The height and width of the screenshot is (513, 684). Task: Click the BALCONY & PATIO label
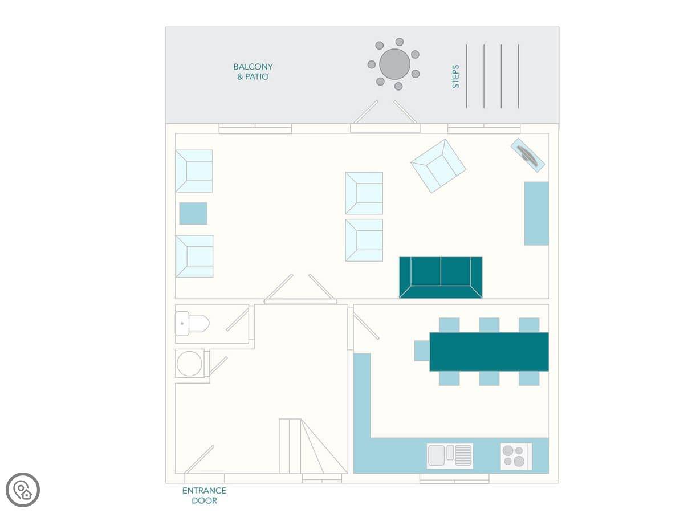(x=253, y=72)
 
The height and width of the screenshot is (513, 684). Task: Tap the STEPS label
(x=455, y=76)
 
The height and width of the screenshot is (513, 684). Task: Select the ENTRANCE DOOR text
(x=204, y=495)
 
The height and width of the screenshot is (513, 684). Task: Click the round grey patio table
(x=394, y=64)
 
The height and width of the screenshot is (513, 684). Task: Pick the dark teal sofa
(x=441, y=277)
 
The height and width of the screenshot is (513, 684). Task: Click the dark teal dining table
(x=489, y=352)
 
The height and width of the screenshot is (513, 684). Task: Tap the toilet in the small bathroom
(x=192, y=323)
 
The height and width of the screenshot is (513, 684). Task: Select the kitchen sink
(x=450, y=456)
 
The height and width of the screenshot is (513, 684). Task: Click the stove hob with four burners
(x=516, y=456)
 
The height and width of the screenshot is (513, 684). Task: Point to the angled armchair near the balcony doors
(x=438, y=166)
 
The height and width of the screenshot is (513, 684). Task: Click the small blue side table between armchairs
(x=193, y=213)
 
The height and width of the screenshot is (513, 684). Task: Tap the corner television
(x=528, y=155)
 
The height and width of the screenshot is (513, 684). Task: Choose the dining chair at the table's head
(x=422, y=351)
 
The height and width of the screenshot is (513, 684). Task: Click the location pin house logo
(x=23, y=490)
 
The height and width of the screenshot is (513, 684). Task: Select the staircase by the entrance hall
(x=313, y=446)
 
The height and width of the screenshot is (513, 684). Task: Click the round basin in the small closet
(x=189, y=364)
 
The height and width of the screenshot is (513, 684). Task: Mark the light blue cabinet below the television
(x=536, y=213)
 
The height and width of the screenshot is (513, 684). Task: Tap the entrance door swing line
(x=199, y=459)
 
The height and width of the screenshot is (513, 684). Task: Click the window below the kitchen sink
(x=454, y=478)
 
